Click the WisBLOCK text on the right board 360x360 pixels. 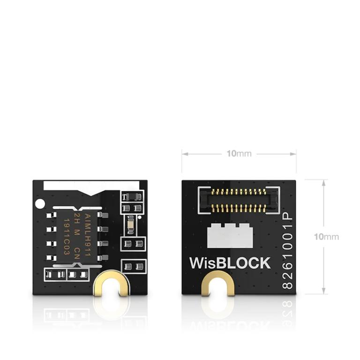pos(230,263)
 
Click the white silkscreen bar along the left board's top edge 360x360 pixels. pos(89,186)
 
